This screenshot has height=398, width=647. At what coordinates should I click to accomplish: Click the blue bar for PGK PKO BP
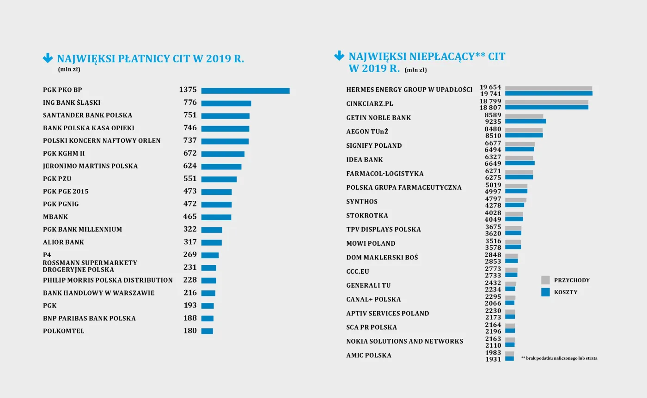pyautogui.click(x=245, y=90)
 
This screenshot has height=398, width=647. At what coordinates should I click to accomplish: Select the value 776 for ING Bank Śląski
pyautogui.click(x=189, y=103)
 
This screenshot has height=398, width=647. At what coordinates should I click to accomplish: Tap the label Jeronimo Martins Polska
pyautogui.click(x=90, y=166)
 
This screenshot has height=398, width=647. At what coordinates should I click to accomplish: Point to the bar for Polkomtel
pyautogui.click(x=207, y=331)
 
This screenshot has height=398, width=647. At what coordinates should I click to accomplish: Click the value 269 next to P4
pyautogui.click(x=189, y=255)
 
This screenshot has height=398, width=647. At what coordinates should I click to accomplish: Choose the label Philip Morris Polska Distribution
pyautogui.click(x=108, y=280)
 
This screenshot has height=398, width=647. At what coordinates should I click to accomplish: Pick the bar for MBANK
pyautogui.click(x=216, y=217)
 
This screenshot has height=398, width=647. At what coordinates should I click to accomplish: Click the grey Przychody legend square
pyautogui.click(x=545, y=280)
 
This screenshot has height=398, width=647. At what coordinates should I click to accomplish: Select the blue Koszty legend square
pyautogui.click(x=545, y=292)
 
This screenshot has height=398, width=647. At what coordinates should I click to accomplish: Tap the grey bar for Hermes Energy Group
pyautogui.click(x=548, y=88)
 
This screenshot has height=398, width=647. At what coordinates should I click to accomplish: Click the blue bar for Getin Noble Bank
pyautogui.click(x=525, y=121)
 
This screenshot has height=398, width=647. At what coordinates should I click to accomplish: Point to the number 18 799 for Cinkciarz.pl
pyautogui.click(x=490, y=101)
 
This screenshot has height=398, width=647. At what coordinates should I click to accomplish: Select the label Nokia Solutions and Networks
pyautogui.click(x=404, y=341)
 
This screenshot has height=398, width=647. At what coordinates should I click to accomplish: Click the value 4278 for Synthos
pyautogui.click(x=493, y=205)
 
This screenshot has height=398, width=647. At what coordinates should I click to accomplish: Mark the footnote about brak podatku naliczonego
pyautogui.click(x=559, y=358)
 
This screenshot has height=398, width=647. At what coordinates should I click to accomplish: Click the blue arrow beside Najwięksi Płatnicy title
pyautogui.click(x=48, y=58)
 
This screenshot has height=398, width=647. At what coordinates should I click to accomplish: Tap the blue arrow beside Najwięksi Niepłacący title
pyautogui.click(x=339, y=56)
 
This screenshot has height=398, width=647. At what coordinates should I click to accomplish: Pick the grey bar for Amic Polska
pyautogui.click(x=509, y=354)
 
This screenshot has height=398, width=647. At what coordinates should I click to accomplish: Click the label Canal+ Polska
pyautogui.click(x=373, y=300)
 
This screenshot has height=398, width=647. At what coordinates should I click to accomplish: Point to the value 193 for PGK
pyautogui.click(x=189, y=306)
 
